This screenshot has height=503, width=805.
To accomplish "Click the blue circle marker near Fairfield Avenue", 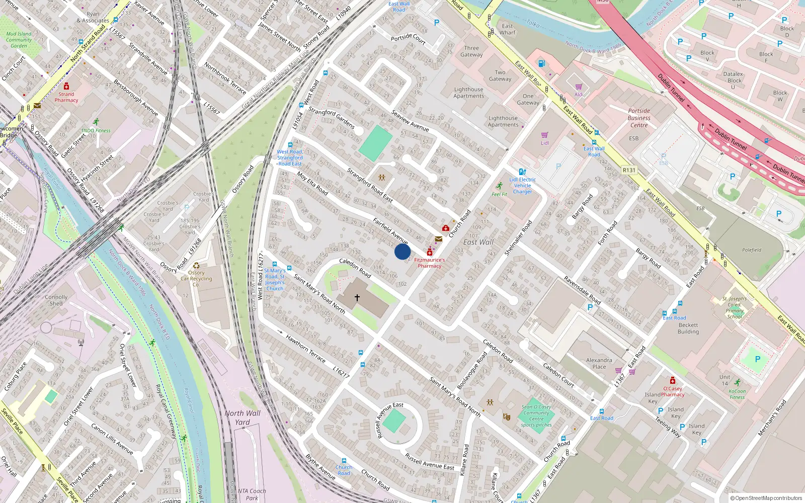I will (x=402, y=251).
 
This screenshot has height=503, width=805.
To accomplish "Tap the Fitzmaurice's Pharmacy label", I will (x=430, y=263).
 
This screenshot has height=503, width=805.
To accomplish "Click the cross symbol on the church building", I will (x=357, y=298).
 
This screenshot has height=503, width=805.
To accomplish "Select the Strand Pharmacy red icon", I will (x=66, y=87).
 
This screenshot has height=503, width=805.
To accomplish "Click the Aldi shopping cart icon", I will (x=579, y=87).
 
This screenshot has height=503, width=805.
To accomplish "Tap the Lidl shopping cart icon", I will (x=544, y=135).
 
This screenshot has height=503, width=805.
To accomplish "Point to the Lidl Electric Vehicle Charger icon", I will (x=522, y=172).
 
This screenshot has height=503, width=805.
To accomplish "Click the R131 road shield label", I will (x=629, y=170).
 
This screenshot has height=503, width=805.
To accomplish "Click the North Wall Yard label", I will (x=243, y=417).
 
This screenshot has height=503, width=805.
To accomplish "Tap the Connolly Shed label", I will (x=56, y=300).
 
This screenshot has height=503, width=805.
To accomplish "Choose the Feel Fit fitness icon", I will (x=499, y=187).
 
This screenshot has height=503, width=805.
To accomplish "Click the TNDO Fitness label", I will (x=96, y=130).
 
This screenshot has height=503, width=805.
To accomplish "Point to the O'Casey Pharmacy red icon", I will (x=672, y=380).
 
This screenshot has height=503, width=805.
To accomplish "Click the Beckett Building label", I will (x=688, y=328).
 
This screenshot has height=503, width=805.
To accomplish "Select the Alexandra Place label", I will (x=599, y=363).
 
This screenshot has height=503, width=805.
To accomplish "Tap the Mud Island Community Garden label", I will (x=19, y=40).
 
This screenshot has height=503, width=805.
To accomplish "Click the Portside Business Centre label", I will (x=639, y=118).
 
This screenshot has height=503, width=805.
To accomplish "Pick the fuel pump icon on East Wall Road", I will (x=541, y=63).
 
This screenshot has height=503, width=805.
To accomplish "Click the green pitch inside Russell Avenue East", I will (x=393, y=421).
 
